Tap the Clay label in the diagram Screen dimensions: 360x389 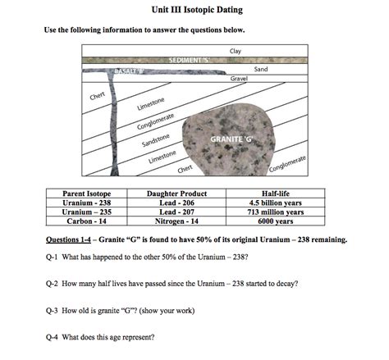pos(236,51)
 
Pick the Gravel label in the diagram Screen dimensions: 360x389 pos(240,78)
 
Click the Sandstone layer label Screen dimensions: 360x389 pos(156,140)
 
